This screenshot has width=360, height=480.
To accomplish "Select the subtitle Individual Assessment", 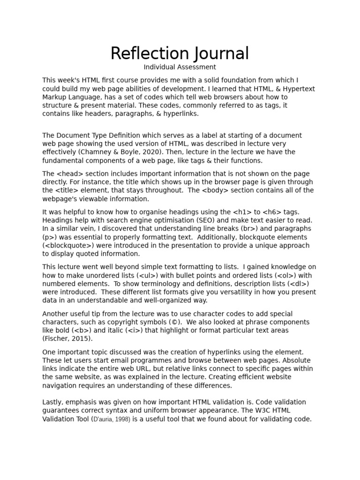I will coord(180,67).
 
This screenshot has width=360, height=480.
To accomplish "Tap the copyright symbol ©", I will coord(175,322).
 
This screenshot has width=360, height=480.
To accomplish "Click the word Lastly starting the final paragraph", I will coord(53,402).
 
